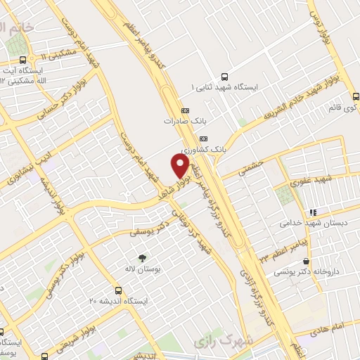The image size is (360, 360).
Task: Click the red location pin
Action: point(180,165)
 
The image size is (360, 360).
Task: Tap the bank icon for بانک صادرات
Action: point(186,110)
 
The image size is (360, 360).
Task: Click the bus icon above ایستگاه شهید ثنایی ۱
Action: point(224,77)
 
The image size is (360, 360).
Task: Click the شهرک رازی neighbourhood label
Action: point(214,340)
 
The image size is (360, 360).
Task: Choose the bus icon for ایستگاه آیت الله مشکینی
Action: point(24,60)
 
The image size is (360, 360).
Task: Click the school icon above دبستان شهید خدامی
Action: point(311,211)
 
